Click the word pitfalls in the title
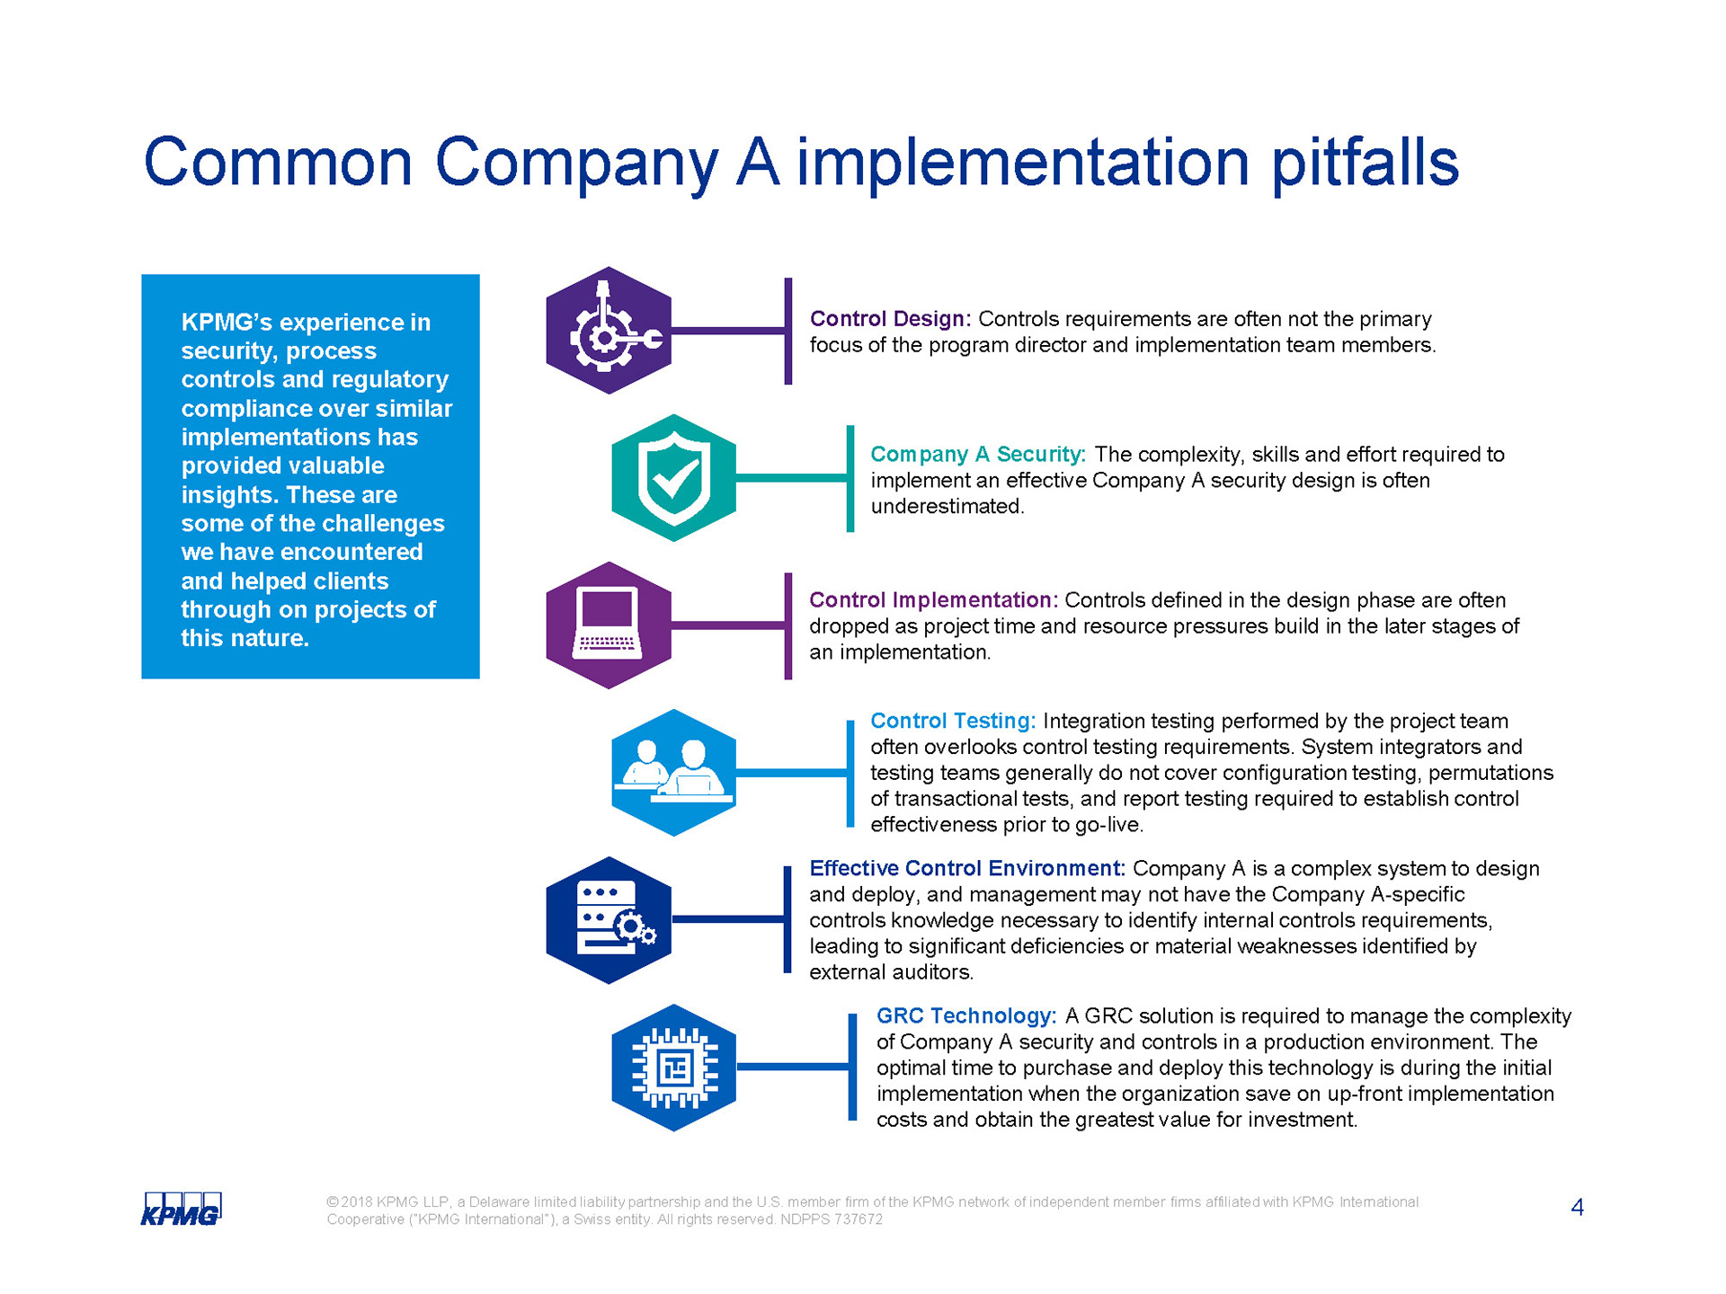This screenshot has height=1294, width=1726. tap(1365, 164)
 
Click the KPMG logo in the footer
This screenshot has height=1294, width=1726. tap(182, 1209)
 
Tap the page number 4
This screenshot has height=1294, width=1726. tap(1577, 1207)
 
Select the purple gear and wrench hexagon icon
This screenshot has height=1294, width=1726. tap(609, 330)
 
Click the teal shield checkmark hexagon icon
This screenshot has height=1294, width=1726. tap(674, 477)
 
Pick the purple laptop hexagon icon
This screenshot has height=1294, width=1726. tap(609, 625)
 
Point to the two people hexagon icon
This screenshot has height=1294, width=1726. tap(674, 773)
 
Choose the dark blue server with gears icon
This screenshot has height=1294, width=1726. tap(609, 920)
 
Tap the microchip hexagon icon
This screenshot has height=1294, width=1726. tap(674, 1068)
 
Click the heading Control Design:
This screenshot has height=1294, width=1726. tap(890, 319)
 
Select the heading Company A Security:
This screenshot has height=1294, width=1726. tap(978, 455)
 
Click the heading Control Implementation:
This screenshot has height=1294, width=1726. tap(933, 599)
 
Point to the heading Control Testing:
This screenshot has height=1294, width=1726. tap(953, 721)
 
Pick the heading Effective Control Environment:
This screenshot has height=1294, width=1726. tap(967, 868)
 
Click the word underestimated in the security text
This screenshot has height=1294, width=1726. tap(945, 507)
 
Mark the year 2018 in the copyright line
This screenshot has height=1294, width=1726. tap(357, 1202)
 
